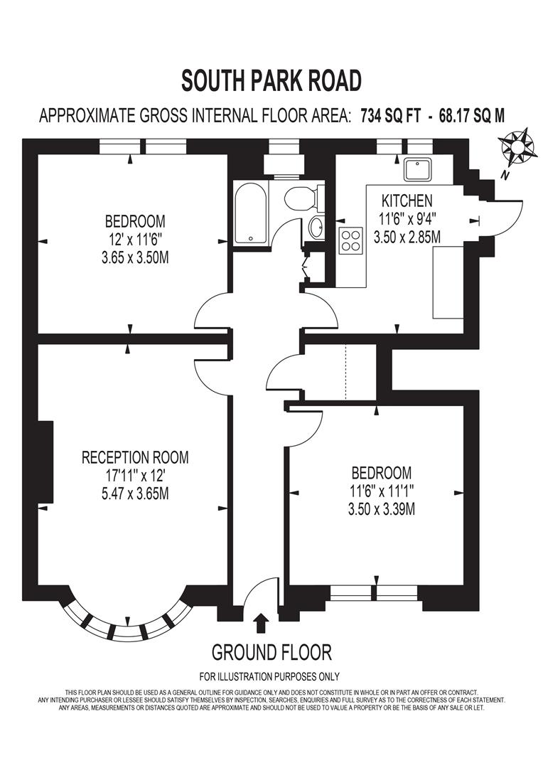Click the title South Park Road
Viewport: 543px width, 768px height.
(271, 80)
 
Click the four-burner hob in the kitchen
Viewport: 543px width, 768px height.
(351, 241)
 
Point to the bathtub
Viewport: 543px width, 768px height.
(251, 213)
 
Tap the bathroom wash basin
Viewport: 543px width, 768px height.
(316, 228)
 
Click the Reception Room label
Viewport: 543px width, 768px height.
(135, 457)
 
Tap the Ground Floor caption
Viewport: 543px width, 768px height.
(271, 651)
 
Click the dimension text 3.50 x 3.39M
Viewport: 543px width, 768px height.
(382, 508)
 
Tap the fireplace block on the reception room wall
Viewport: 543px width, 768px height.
(45, 462)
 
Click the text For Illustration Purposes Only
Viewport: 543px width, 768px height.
(269, 676)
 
